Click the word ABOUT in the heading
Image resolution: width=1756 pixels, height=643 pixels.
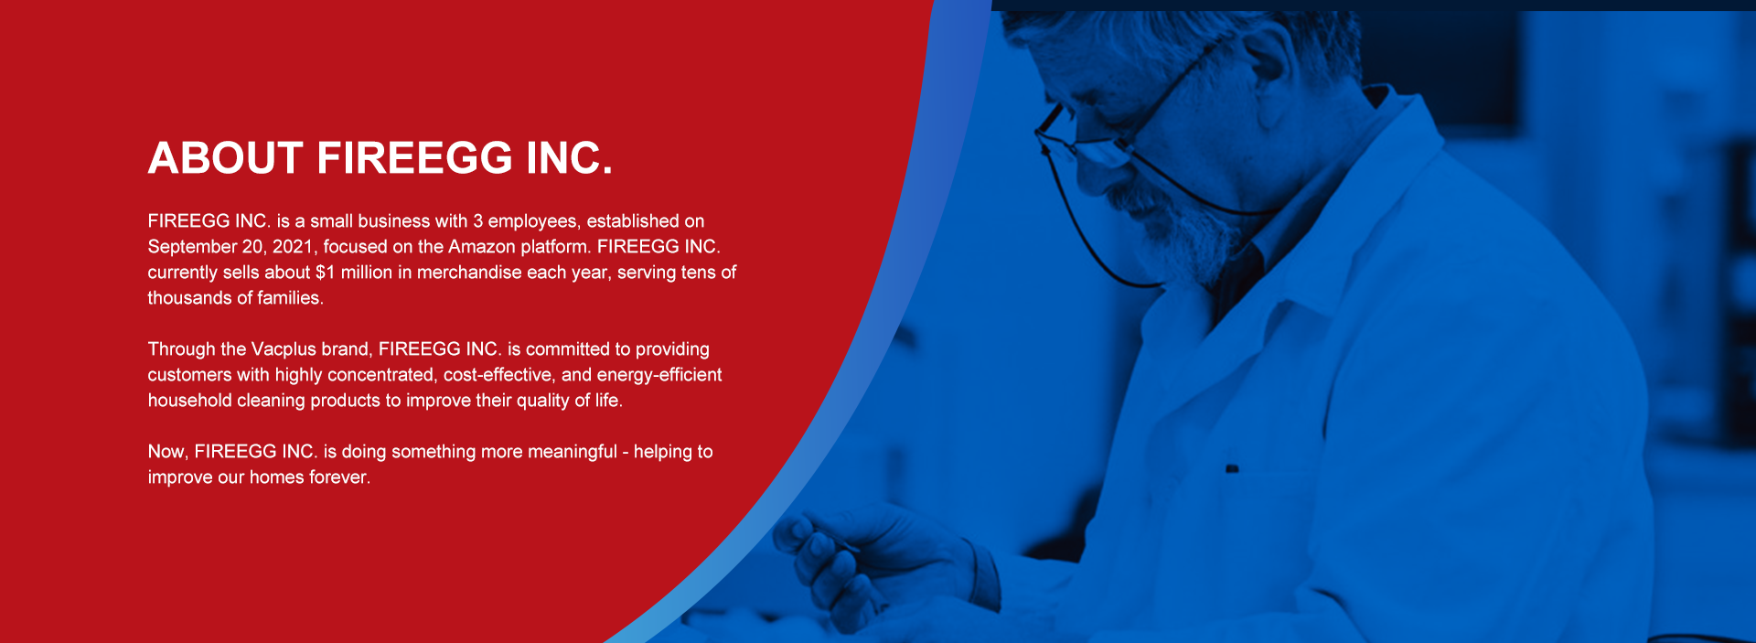(x=225, y=158)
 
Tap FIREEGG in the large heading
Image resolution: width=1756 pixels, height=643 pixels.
(x=414, y=158)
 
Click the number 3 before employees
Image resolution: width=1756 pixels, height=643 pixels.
(x=477, y=221)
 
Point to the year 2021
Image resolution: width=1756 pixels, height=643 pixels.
(x=293, y=247)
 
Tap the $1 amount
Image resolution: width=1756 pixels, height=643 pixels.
(x=326, y=273)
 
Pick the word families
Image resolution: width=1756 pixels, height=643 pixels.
(x=290, y=298)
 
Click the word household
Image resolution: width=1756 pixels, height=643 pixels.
(x=190, y=401)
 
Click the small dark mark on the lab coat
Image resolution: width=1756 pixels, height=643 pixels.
(x=1232, y=469)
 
